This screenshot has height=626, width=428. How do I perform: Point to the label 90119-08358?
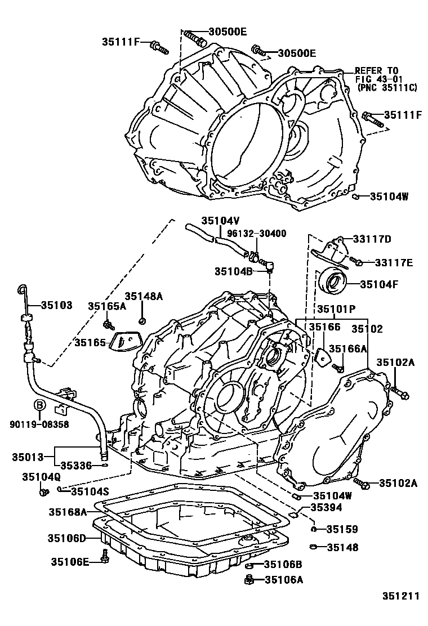pyautogui.click(x=39, y=424)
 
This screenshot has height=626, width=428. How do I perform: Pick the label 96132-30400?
pyautogui.click(x=259, y=232)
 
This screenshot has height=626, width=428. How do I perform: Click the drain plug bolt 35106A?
pyautogui.click(x=248, y=579)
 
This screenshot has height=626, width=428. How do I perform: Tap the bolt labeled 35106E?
pyautogui.click(x=105, y=556)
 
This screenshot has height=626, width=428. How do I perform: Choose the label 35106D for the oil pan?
pyautogui.click(x=68, y=539)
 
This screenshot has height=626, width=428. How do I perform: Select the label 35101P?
pyautogui.click(x=336, y=309)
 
